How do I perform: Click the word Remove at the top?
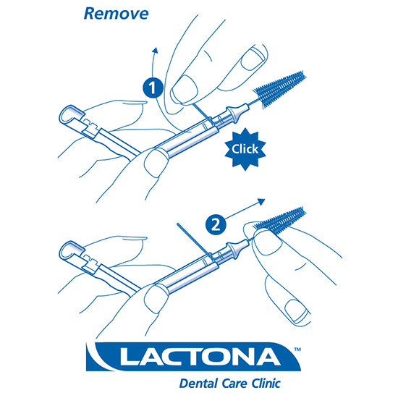click(x=116, y=14)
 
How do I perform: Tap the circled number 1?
click(x=153, y=88)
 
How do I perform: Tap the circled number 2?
click(x=216, y=224)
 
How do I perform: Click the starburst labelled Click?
click(x=245, y=149)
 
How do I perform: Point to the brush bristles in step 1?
click(x=280, y=90)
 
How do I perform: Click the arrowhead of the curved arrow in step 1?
click(x=155, y=50)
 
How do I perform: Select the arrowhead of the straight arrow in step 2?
click(x=261, y=202)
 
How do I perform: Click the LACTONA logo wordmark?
click(x=200, y=357)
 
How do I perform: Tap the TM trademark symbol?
click(x=297, y=350)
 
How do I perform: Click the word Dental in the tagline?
click(x=199, y=384)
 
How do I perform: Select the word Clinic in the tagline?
click(x=266, y=384)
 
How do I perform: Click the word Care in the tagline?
click(x=234, y=384)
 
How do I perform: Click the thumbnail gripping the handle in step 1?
click(x=156, y=163)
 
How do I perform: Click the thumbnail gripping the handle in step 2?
click(x=156, y=299)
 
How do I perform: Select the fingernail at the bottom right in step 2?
click(x=297, y=312)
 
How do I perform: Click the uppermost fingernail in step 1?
click(x=254, y=59)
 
